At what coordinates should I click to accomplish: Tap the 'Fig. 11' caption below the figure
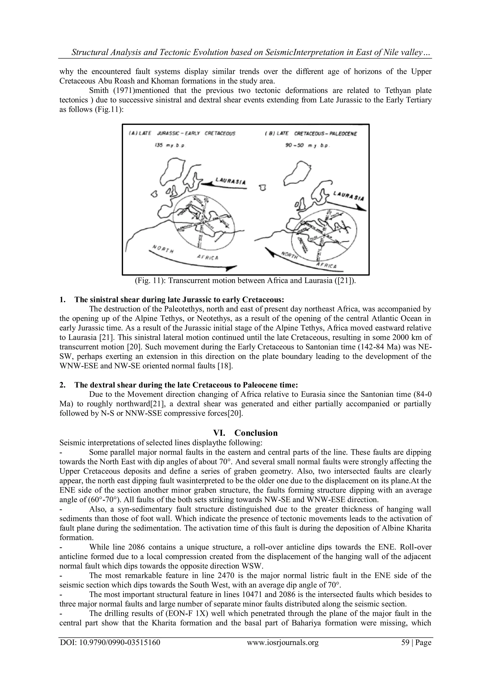(x=245, y=281)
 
